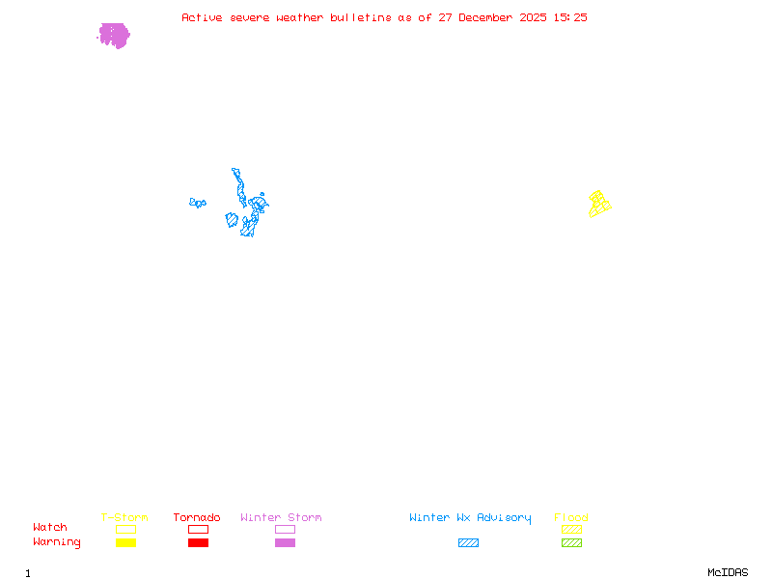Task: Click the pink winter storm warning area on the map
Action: tap(114, 36)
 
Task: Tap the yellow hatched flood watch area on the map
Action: tap(599, 204)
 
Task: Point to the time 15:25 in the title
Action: tap(569, 17)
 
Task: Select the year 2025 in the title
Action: tap(534, 17)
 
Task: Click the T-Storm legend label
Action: tap(124, 518)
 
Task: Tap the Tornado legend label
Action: tap(197, 518)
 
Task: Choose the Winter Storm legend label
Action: tap(281, 518)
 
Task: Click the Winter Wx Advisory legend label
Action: tap(470, 518)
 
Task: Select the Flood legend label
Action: tap(571, 518)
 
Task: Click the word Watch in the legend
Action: tap(50, 528)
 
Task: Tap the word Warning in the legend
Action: tap(57, 542)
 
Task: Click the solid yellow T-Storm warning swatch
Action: tap(125, 543)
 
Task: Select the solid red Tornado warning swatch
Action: tap(198, 543)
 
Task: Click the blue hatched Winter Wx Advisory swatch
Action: tap(468, 543)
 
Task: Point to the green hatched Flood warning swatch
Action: tap(571, 543)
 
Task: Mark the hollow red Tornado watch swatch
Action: tap(198, 530)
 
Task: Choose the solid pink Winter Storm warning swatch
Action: tap(285, 543)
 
